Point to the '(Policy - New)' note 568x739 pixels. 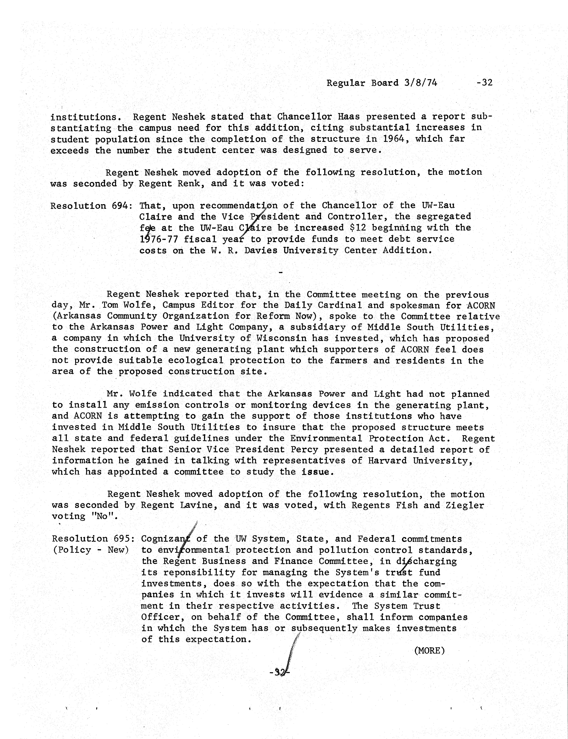point(91,550)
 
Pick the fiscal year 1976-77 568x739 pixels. point(159,239)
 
